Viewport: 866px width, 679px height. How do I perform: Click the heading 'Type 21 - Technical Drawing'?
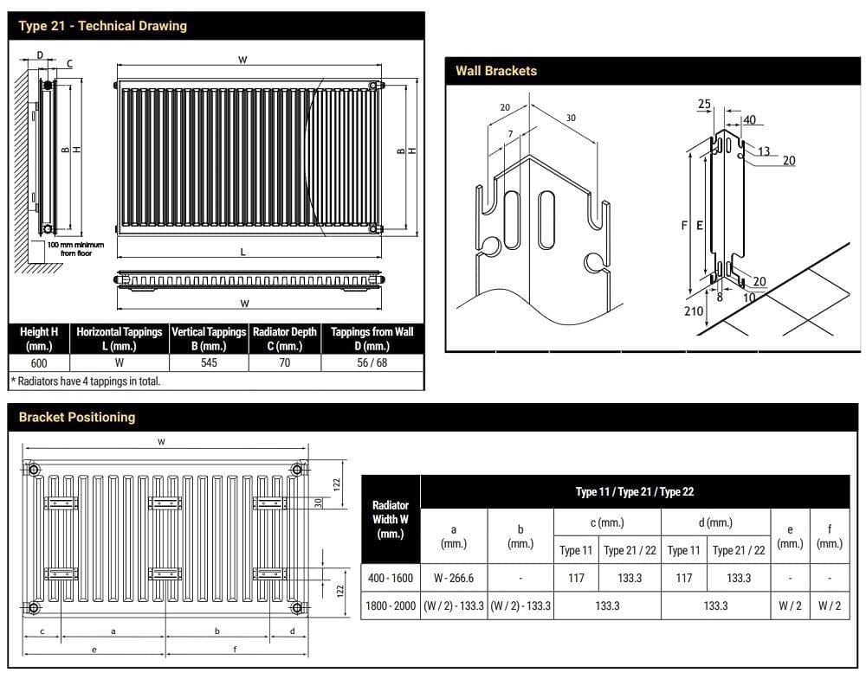(102, 26)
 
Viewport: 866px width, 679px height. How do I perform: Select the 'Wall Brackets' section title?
(496, 71)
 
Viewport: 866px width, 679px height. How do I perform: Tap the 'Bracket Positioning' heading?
(77, 417)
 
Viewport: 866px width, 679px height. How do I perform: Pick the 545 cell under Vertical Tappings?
(209, 362)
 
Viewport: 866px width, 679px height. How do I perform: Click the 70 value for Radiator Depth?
(284, 362)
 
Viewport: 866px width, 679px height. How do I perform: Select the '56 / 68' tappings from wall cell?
(372, 362)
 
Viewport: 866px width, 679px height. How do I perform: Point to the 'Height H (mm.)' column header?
(39, 338)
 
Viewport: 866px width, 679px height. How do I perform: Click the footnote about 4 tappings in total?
(86, 381)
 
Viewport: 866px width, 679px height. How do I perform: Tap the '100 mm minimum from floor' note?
(75, 249)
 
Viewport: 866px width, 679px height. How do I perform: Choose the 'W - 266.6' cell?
(454, 578)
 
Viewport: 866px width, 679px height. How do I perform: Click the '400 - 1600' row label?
(390, 578)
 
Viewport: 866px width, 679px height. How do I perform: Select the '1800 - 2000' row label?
(390, 605)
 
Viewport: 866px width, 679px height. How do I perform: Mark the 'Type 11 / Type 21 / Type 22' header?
(635, 491)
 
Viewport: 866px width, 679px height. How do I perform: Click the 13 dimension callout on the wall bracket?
(763, 151)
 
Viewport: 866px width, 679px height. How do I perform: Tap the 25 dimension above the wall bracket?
(704, 105)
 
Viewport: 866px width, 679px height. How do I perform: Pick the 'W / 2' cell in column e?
(790, 605)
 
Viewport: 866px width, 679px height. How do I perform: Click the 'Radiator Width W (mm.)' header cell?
(390, 519)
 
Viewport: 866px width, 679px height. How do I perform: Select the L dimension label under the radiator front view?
(243, 252)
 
